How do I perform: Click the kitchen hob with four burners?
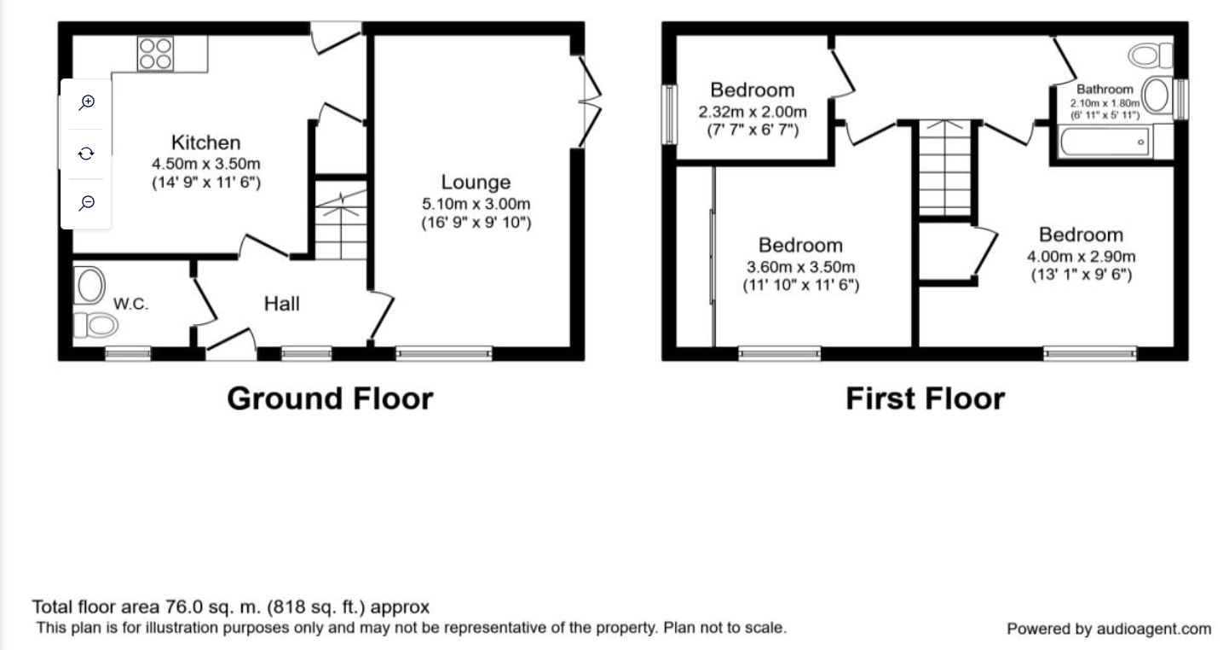[156, 54]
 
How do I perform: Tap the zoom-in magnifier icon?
[87, 102]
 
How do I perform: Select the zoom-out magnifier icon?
[87, 203]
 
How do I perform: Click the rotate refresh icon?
[86, 154]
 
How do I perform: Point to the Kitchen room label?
[205, 142]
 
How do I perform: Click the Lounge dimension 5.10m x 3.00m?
[476, 204]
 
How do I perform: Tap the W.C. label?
[130, 304]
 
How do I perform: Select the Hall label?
[281, 304]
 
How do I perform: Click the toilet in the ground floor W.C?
[95, 325]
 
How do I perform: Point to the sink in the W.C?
[89, 286]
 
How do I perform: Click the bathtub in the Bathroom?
[1105, 142]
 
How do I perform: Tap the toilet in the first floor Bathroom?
[1150, 55]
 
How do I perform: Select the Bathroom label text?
[1105, 89]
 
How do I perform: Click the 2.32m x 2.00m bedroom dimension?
[753, 112]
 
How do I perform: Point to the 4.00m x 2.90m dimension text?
[1081, 257]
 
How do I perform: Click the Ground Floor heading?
[331, 398]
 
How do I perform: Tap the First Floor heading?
[925, 398]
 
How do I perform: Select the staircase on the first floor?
[945, 169]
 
